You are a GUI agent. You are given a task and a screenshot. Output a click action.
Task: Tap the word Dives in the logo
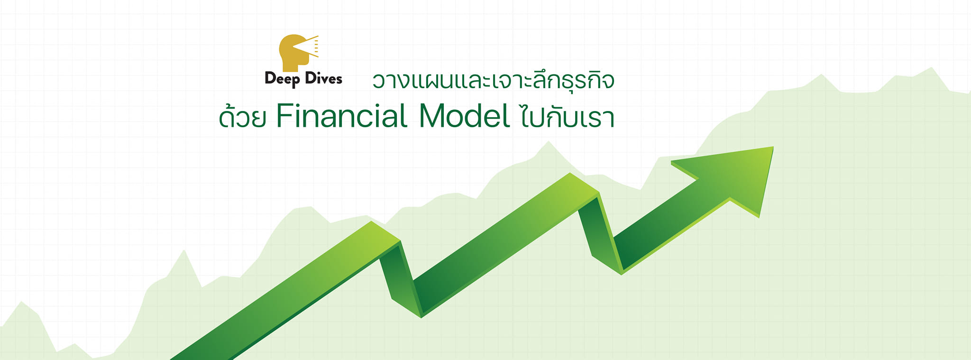323,78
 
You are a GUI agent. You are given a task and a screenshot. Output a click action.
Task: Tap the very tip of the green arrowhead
773,147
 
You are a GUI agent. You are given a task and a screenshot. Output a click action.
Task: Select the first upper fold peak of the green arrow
385,231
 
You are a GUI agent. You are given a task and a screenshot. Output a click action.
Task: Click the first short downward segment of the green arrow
401,279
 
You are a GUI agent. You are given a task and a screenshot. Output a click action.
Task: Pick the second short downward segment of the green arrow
600,233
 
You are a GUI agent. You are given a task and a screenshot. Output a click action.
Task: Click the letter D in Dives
311,78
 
